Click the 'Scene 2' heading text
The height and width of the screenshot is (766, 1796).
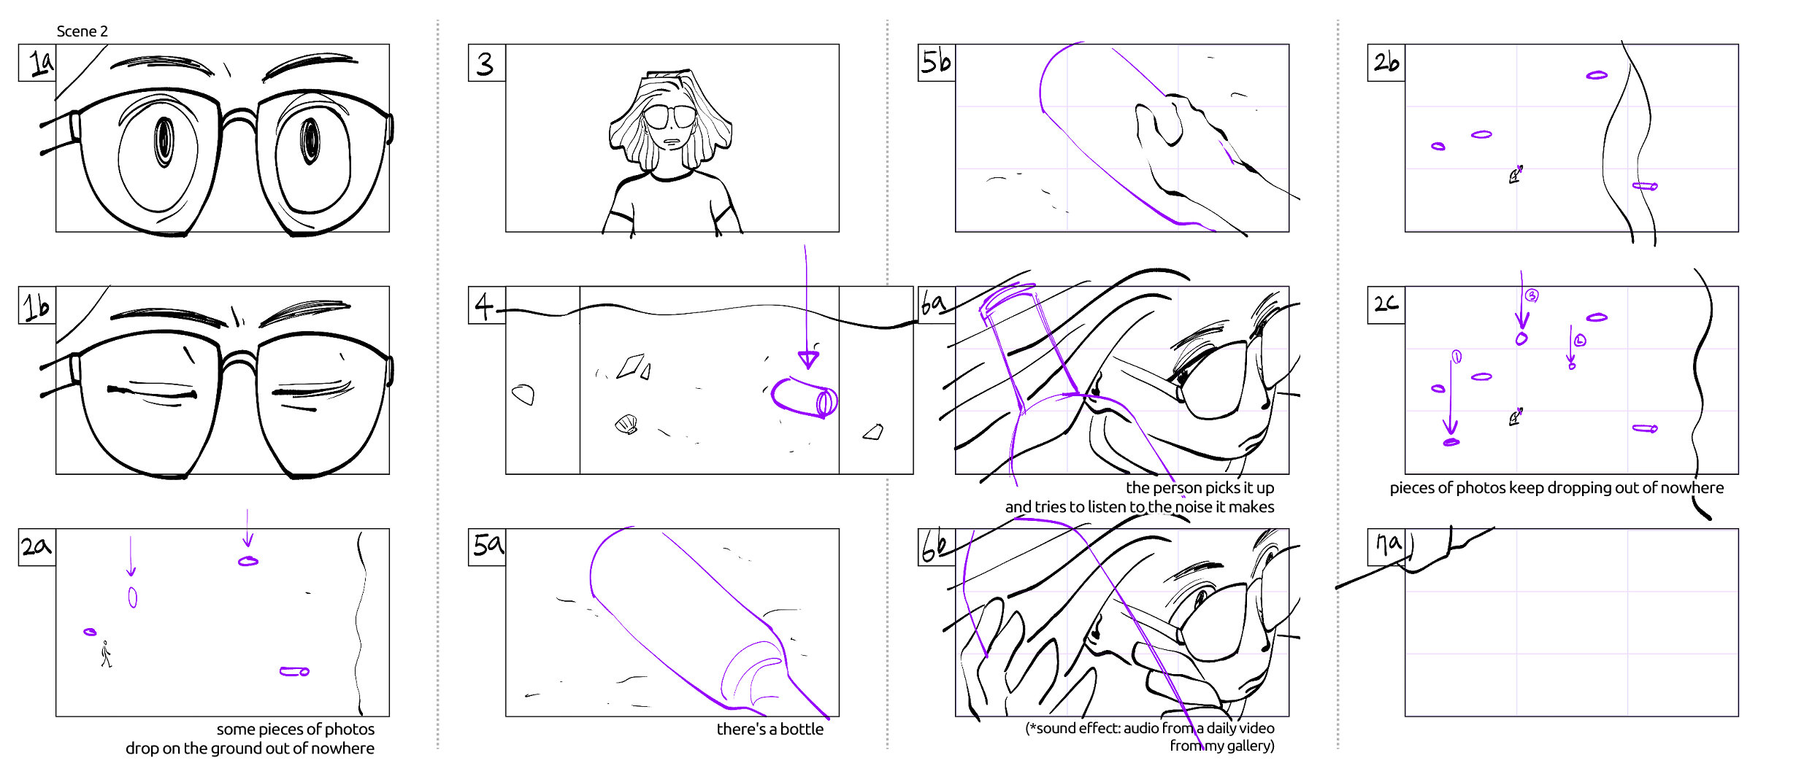tap(82, 31)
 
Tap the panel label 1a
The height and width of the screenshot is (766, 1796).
tap(41, 63)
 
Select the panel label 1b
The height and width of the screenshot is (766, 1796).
tap(37, 306)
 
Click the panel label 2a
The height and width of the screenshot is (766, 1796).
tap(37, 546)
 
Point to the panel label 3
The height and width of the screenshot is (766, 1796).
tap(486, 63)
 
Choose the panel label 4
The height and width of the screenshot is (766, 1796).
tap(484, 305)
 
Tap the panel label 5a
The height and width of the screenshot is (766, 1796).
tap(488, 544)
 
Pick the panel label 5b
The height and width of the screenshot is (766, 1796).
tap(936, 62)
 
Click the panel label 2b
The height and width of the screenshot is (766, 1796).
tap(1386, 62)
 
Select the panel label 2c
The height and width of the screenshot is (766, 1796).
tap(1386, 303)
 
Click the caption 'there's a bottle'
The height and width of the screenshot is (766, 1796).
tap(770, 729)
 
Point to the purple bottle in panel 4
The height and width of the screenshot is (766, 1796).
tap(804, 398)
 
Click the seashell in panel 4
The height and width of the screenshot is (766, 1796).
tap(626, 424)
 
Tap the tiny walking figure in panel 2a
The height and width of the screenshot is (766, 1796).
tap(107, 654)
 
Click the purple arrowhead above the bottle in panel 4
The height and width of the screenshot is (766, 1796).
tap(808, 359)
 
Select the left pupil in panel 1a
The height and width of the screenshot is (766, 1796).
tap(164, 141)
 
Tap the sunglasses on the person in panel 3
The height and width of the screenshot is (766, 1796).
tap(669, 116)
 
